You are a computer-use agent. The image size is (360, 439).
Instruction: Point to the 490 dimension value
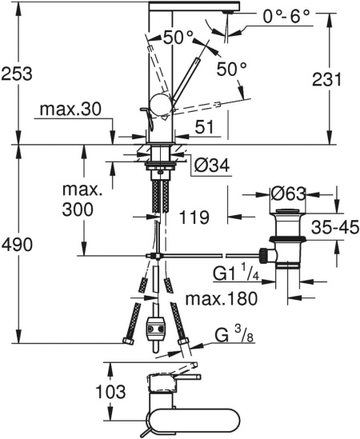click(17, 245)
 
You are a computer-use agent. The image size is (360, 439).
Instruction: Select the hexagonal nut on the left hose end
click(127, 340)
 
